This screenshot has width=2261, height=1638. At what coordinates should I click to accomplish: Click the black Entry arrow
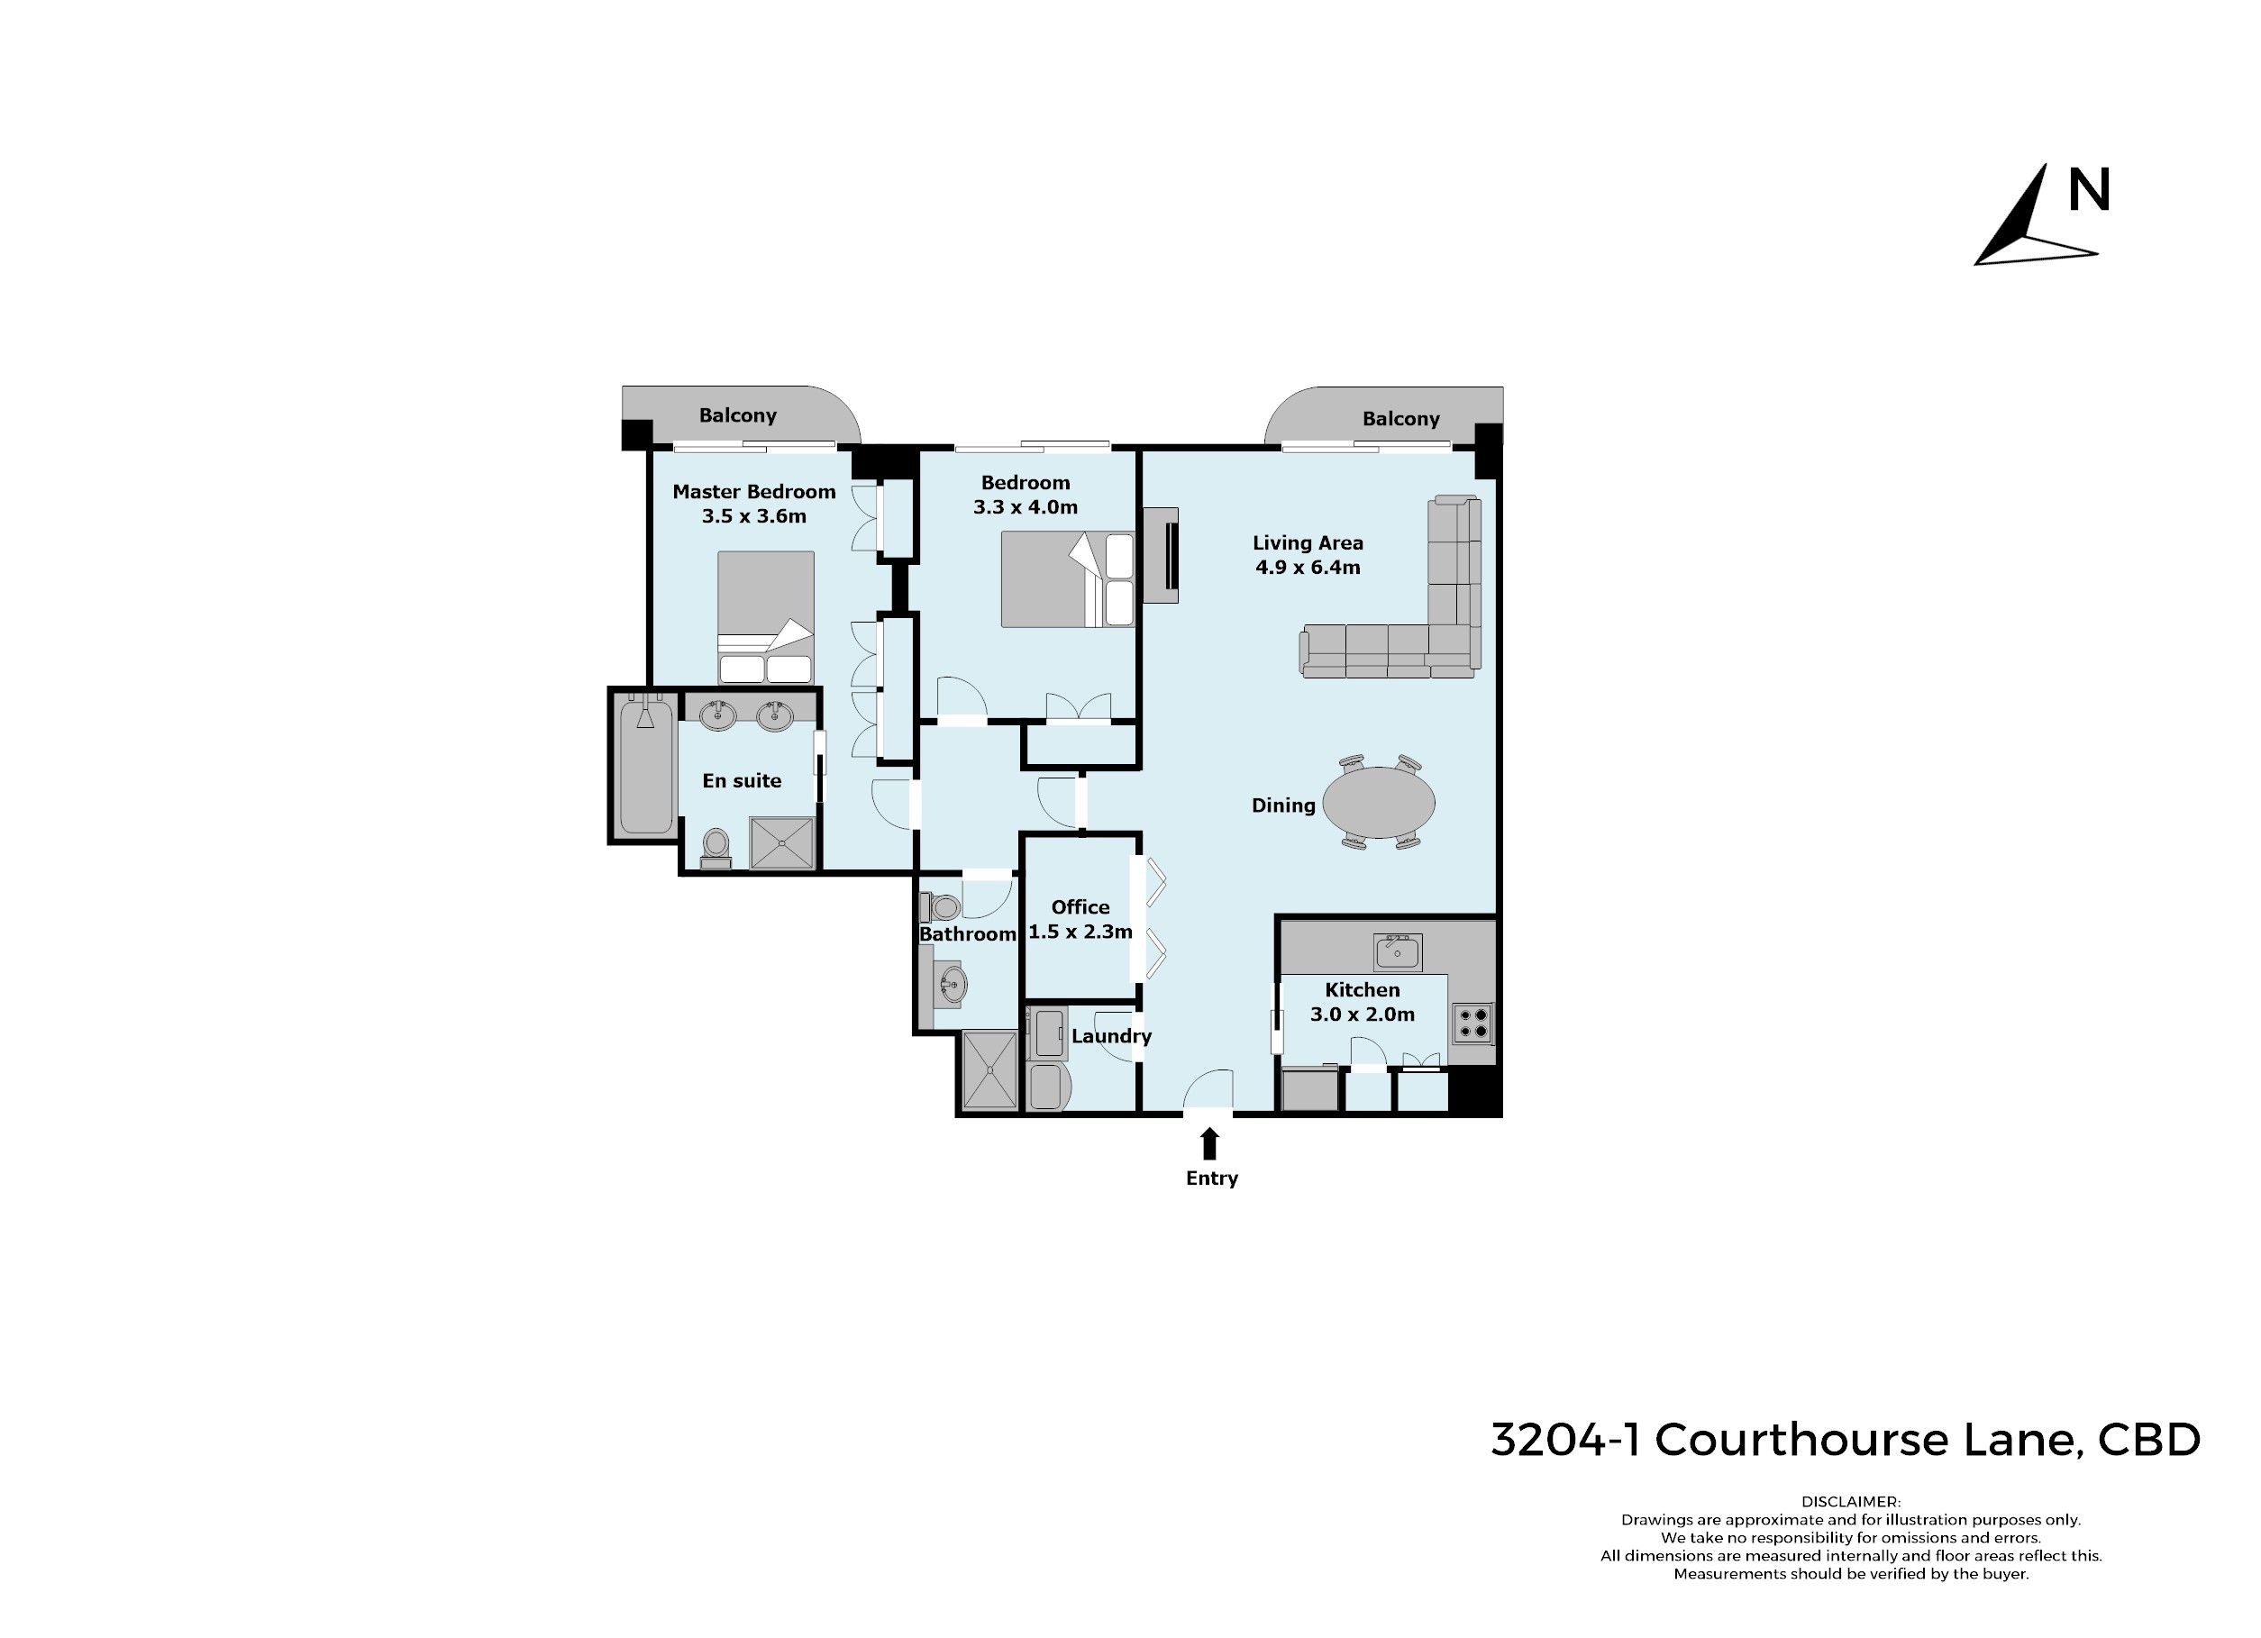1209,1143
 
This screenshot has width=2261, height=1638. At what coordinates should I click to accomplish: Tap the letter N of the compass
2089,189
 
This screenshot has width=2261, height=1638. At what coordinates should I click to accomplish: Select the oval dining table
1380,802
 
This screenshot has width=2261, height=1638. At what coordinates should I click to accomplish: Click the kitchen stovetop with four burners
1472,1023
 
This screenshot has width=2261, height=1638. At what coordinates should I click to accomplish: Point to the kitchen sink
1397,952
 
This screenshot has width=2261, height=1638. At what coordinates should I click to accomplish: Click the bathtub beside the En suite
645,765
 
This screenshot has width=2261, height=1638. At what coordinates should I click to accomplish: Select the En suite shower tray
781,843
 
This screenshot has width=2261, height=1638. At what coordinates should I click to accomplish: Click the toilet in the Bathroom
942,907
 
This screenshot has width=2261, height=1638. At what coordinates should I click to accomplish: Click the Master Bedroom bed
766,616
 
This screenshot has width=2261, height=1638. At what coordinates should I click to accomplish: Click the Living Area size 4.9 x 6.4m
1308,568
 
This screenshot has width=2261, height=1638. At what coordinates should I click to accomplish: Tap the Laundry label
1111,1036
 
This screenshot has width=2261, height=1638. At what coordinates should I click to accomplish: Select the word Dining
1283,805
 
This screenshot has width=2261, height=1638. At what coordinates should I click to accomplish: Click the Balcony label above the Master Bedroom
738,415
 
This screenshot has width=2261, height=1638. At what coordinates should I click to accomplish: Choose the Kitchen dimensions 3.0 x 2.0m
1363,1014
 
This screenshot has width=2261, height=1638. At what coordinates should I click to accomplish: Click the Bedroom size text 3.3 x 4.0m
1026,506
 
